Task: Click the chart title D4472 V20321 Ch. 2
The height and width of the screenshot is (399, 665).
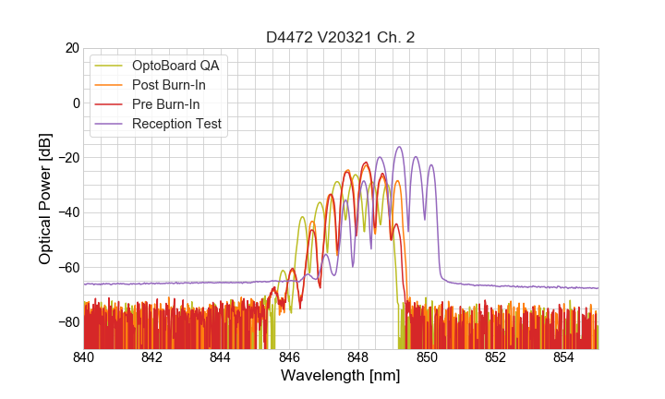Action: (341, 37)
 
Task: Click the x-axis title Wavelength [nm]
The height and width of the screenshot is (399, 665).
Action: (341, 376)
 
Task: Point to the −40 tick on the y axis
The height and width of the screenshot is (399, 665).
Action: (67, 212)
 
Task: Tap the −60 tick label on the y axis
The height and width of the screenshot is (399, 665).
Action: (67, 267)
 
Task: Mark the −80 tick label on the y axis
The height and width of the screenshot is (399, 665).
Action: (67, 321)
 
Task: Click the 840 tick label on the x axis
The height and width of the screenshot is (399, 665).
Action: (84, 357)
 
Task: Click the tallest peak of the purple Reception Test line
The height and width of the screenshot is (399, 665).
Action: (399, 147)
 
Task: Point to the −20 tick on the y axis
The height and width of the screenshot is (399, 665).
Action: (67, 157)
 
